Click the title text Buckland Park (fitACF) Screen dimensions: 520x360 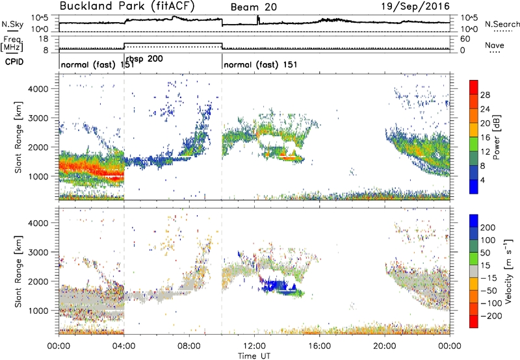(x=127, y=6)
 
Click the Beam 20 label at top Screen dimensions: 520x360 (x=253, y=7)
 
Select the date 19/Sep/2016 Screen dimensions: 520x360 (x=415, y=6)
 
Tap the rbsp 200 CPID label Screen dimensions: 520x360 (x=144, y=59)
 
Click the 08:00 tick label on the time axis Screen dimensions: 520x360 (x=189, y=346)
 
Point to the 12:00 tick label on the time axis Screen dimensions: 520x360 (x=254, y=346)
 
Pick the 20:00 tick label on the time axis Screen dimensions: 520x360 (x=385, y=346)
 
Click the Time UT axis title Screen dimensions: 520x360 (x=254, y=355)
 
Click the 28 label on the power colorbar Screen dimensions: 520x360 (x=485, y=95)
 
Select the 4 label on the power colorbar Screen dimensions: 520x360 (x=482, y=180)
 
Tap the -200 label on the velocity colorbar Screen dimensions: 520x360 (x=491, y=316)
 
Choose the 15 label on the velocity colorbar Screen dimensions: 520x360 (x=486, y=266)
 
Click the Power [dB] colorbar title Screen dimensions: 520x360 (x=496, y=137)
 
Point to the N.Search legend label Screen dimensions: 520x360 (x=502, y=24)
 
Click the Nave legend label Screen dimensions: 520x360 (x=494, y=45)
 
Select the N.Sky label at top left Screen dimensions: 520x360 (x=12, y=24)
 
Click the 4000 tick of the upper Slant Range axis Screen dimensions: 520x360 (x=38, y=89)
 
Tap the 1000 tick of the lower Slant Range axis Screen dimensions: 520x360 (x=38, y=311)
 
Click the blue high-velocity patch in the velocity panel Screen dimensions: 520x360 (x=276, y=286)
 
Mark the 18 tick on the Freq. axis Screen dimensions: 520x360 (x=44, y=39)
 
